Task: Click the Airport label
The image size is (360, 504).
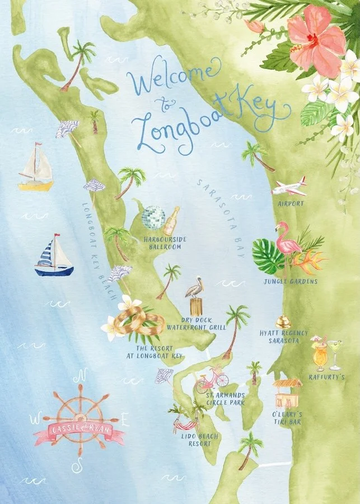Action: [x=291, y=204]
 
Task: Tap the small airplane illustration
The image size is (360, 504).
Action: [x=289, y=187]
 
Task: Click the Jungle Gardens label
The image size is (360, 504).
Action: [x=291, y=281]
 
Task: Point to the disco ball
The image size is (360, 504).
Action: [x=153, y=218]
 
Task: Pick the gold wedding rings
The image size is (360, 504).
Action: [x=140, y=323]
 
